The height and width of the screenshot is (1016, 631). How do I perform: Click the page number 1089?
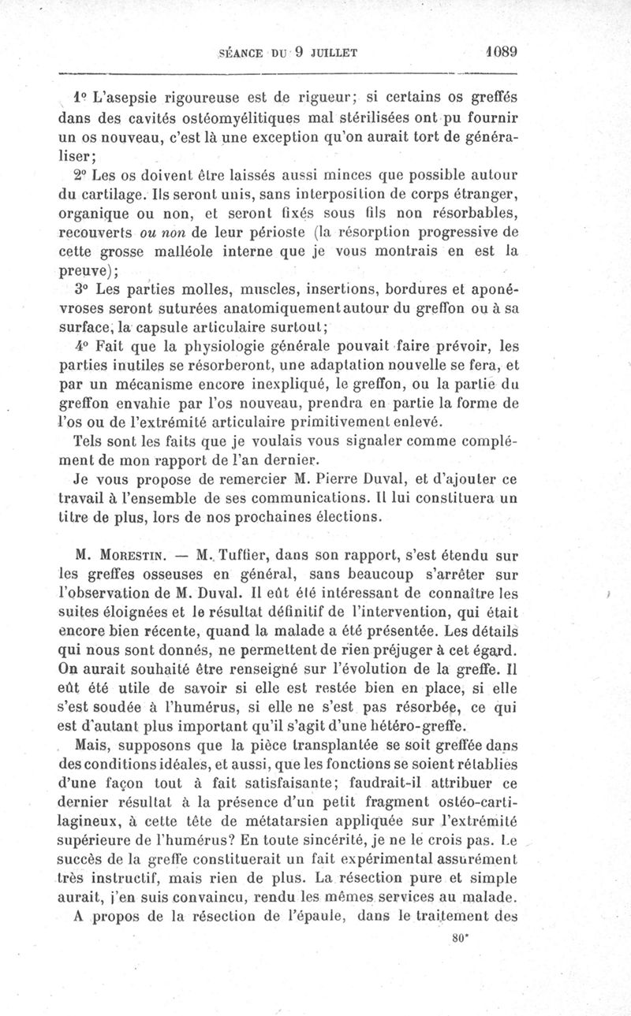click(x=501, y=53)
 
